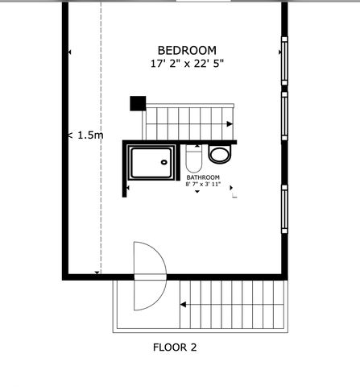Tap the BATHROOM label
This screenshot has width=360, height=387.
point(203,177)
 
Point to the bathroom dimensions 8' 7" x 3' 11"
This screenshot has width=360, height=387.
point(203,185)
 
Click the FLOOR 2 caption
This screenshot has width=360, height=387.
point(175,348)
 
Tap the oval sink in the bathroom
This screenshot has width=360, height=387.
point(218,153)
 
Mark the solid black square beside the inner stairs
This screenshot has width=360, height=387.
point(137,103)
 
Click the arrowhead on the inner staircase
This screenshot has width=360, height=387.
point(230,124)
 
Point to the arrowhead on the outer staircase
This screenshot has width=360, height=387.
point(184,305)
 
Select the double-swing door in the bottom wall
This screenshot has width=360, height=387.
point(149,277)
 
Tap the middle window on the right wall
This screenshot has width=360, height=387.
point(283,115)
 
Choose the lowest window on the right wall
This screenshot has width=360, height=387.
point(283,209)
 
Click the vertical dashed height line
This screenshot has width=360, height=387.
point(101,161)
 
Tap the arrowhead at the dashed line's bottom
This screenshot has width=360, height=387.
point(97,273)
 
